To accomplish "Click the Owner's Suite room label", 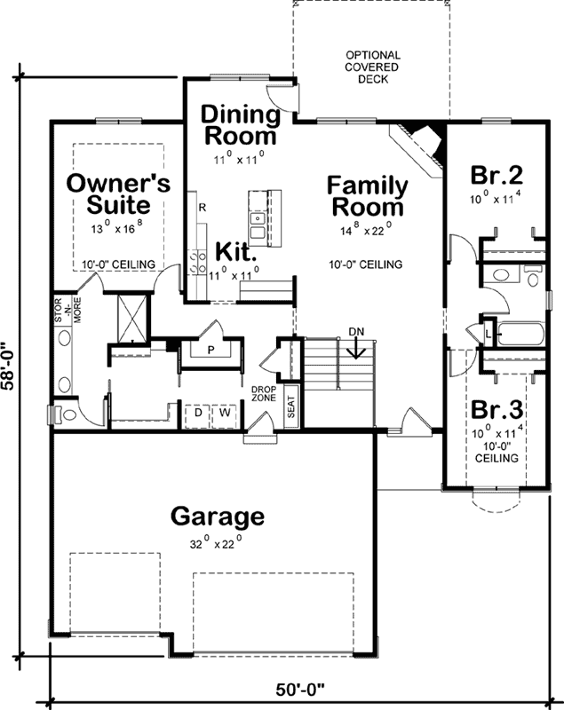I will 119,193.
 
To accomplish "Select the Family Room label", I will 367,196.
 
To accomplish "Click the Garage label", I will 217,516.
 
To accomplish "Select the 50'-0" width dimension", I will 301,688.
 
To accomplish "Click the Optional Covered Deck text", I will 372,67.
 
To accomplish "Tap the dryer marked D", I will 197,413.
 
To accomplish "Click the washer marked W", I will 225,413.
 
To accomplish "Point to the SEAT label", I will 291,408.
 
